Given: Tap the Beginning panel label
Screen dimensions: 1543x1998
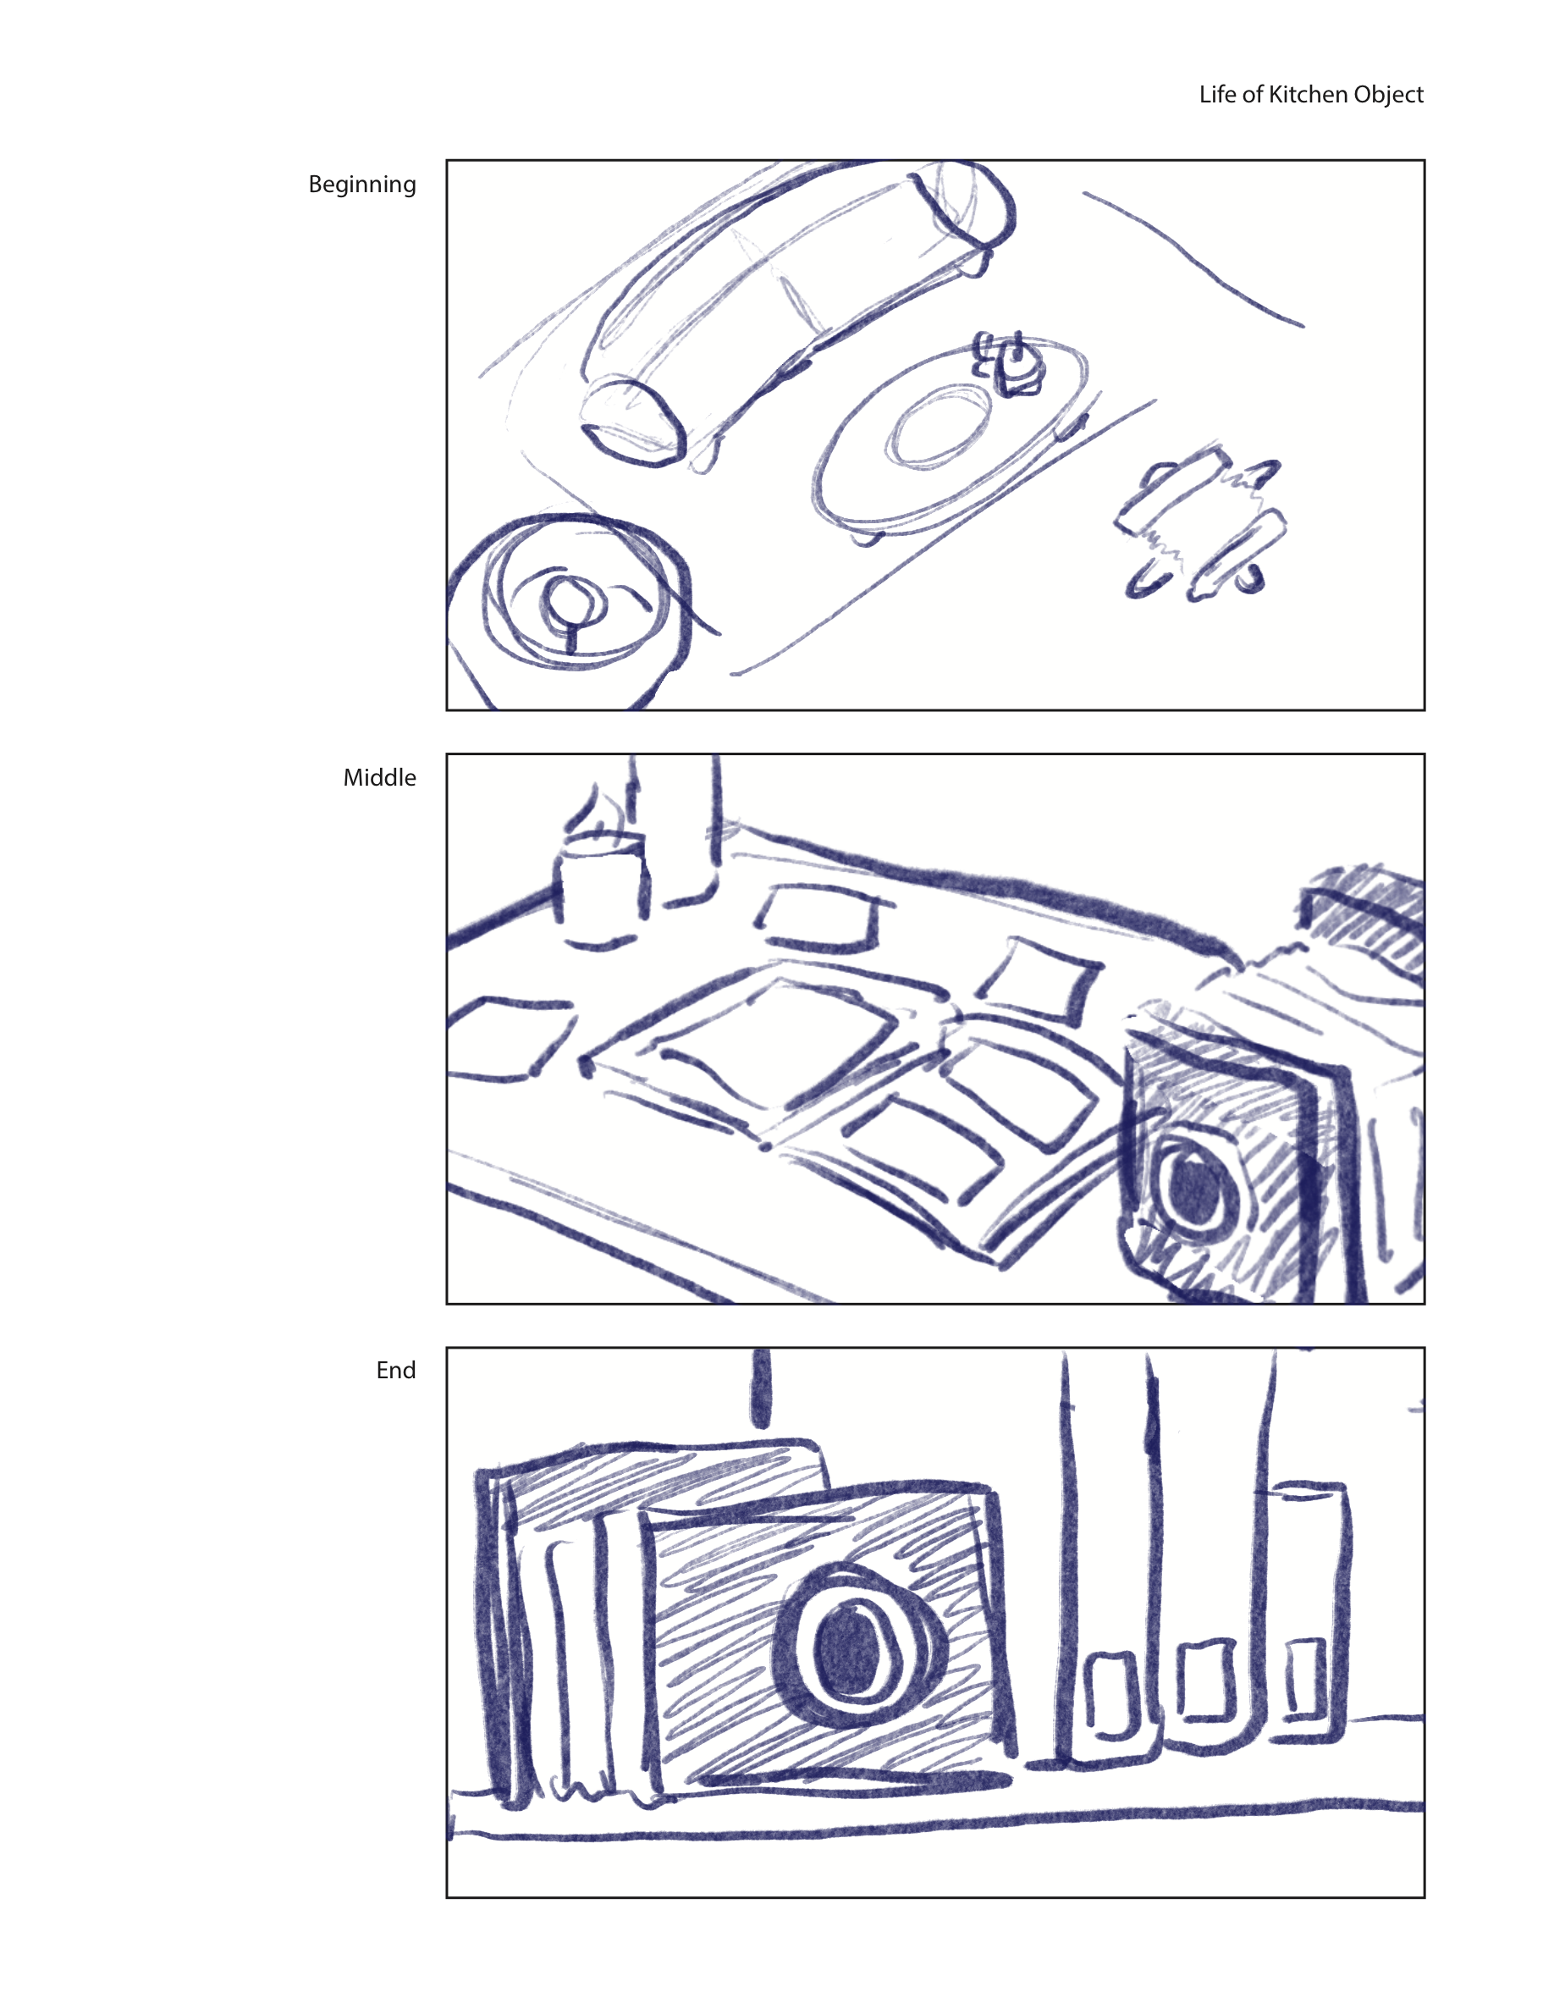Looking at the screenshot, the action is tap(361, 185).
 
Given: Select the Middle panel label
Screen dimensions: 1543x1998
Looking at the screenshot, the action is tap(378, 777).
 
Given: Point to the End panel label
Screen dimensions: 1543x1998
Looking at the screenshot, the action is tap(395, 1371).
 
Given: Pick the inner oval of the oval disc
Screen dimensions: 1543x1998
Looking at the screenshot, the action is tap(940, 424).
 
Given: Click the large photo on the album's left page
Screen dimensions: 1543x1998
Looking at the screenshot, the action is tap(778, 1043).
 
